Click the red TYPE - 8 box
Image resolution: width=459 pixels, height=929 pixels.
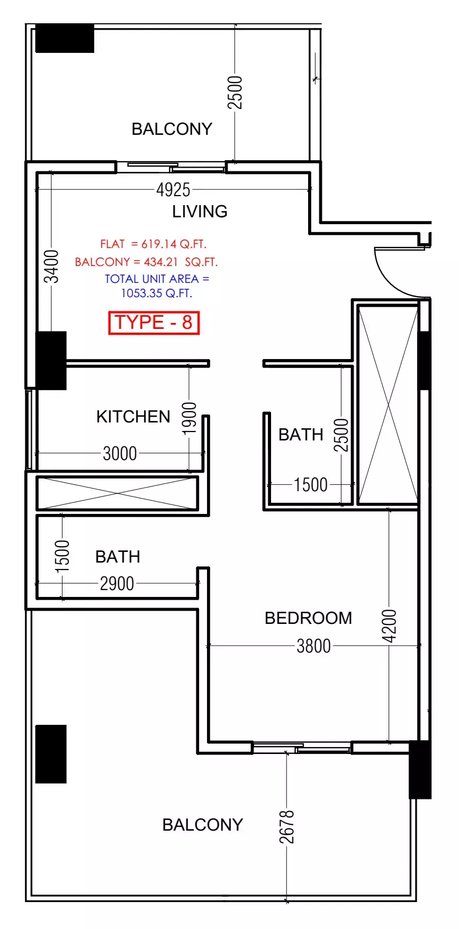pyautogui.click(x=154, y=323)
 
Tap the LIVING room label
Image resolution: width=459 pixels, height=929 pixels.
pyautogui.click(x=200, y=211)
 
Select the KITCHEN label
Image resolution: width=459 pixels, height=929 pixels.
pyautogui.click(x=133, y=417)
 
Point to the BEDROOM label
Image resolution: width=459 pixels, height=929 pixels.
pyautogui.click(x=308, y=618)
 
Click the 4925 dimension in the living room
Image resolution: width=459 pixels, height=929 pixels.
pyautogui.click(x=173, y=189)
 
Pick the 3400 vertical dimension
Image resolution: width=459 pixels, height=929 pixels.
pyautogui.click(x=51, y=266)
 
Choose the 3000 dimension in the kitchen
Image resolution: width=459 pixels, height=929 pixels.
pyautogui.click(x=120, y=453)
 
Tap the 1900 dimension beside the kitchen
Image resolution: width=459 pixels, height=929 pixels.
pyautogui.click(x=189, y=418)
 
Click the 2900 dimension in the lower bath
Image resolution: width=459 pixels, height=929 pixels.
pyautogui.click(x=117, y=583)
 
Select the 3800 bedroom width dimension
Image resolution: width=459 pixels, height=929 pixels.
pyautogui.click(x=313, y=646)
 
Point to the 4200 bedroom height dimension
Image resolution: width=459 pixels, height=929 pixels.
pyautogui.click(x=389, y=626)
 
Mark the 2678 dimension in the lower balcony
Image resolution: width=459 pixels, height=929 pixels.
pyautogui.click(x=286, y=826)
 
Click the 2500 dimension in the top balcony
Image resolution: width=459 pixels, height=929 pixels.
pyautogui.click(x=235, y=92)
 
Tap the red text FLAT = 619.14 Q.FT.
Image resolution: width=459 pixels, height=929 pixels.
pyautogui.click(x=153, y=244)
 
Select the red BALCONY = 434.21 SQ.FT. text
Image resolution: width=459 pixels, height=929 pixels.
pyautogui.click(x=146, y=262)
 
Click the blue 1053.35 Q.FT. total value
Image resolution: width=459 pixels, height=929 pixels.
pyautogui.click(x=157, y=293)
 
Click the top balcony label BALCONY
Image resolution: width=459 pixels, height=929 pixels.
pyautogui.click(x=172, y=129)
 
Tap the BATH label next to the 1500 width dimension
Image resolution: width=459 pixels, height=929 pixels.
pyautogui.click(x=301, y=435)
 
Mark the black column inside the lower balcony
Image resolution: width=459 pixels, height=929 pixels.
pyautogui.click(x=51, y=754)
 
